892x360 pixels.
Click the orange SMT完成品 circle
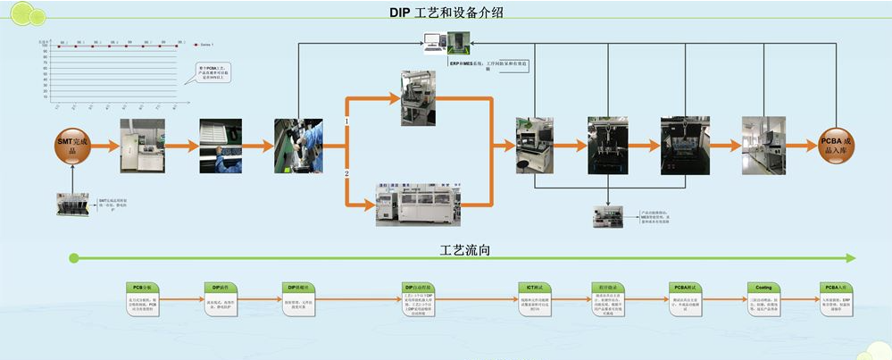(x=75, y=146)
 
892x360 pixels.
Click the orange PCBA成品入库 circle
(x=838, y=146)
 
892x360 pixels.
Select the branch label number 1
(x=347, y=121)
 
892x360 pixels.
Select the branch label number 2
(x=347, y=173)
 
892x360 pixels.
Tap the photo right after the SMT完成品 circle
(x=143, y=146)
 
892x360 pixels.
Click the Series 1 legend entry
(x=208, y=42)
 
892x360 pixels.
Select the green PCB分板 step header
(x=145, y=287)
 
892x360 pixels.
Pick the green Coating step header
(x=764, y=287)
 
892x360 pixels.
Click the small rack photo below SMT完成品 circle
(x=75, y=204)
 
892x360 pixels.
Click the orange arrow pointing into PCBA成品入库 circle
(x=800, y=146)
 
